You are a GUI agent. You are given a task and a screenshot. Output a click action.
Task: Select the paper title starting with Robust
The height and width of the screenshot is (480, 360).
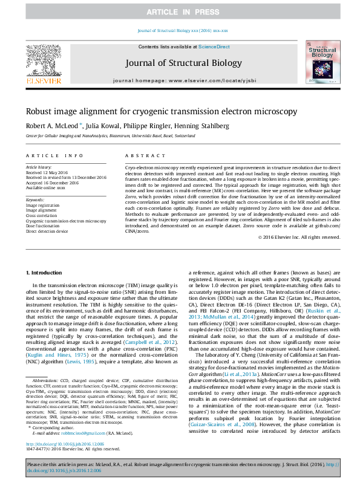[x=161, y=111]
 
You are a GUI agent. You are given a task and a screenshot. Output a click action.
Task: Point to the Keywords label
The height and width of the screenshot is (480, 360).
[x=35, y=199]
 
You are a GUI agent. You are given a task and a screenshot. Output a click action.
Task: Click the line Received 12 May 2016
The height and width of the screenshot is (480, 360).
[x=47, y=172]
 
